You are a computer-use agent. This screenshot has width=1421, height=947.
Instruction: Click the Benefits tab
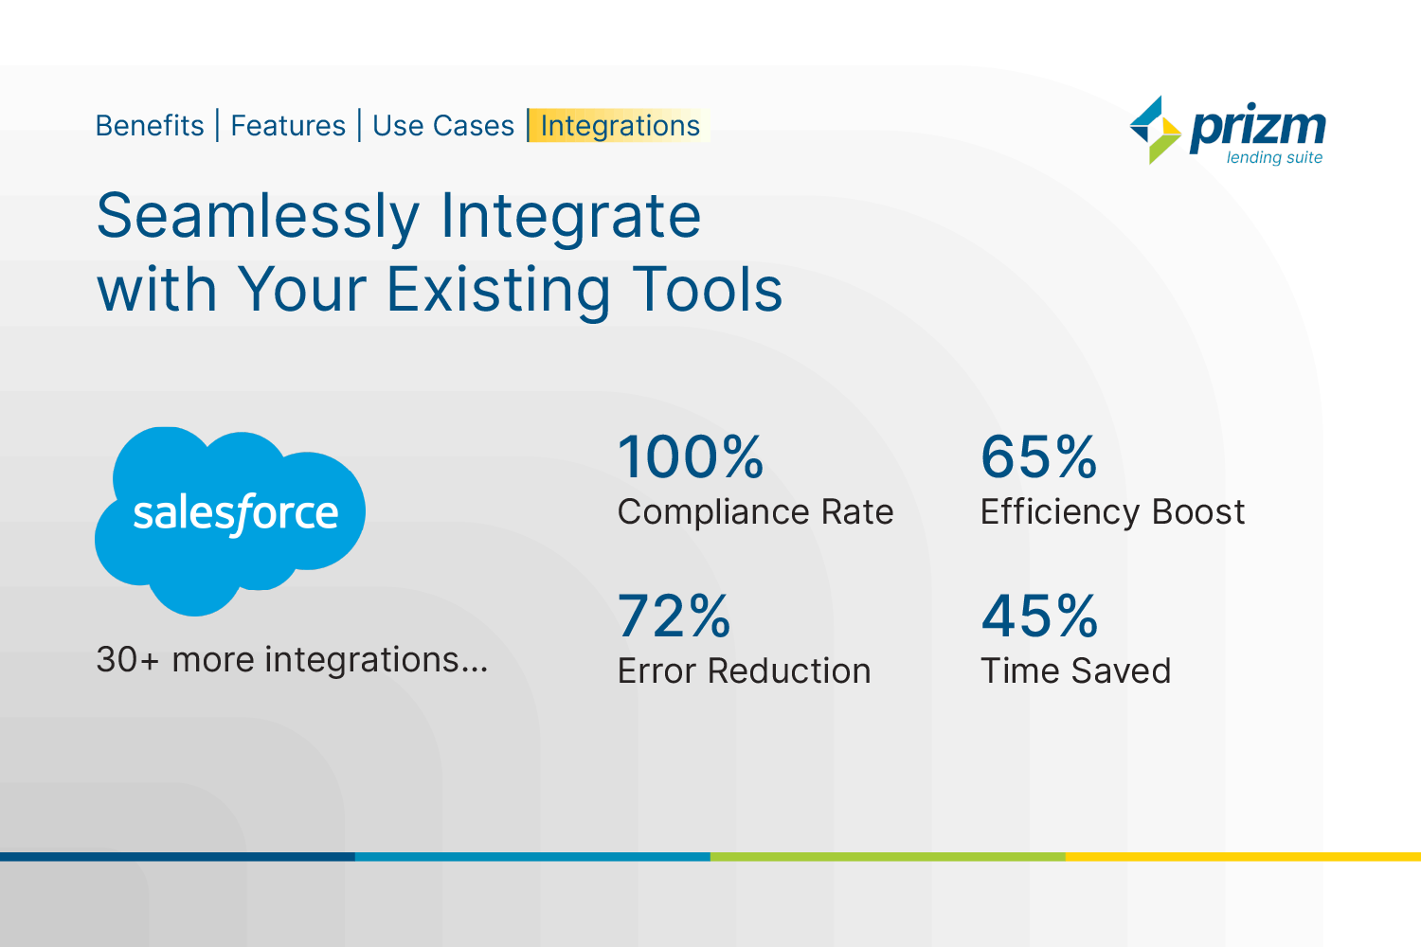click(x=150, y=126)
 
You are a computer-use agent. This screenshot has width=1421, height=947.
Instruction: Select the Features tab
click(x=288, y=126)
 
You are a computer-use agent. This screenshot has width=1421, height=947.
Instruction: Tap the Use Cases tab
click(x=443, y=126)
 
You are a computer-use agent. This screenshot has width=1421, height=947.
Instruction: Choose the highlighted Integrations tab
click(x=620, y=126)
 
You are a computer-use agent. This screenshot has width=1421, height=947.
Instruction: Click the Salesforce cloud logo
click(x=229, y=521)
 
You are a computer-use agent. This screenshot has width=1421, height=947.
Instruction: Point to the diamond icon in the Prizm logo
click(x=1155, y=130)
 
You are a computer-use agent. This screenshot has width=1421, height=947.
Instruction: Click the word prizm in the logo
click(x=1258, y=128)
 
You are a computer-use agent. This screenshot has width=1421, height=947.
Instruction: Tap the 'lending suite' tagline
click(x=1274, y=157)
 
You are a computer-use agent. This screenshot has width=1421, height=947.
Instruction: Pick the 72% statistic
click(x=675, y=616)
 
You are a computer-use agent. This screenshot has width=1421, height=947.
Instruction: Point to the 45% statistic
click(x=1040, y=616)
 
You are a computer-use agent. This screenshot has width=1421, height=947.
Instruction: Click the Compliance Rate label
click(x=756, y=512)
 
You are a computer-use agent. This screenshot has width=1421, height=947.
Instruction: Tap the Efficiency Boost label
click(x=1113, y=512)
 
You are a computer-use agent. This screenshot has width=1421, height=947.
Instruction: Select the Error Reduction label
click(x=745, y=671)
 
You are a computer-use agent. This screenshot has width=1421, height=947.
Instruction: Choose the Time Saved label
click(x=1076, y=671)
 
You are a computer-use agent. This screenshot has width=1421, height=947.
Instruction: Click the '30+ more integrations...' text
click(x=293, y=660)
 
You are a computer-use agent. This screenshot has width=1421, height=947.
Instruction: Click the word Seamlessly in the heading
click(x=259, y=218)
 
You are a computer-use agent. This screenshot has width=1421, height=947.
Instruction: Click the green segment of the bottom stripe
click(x=889, y=857)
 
